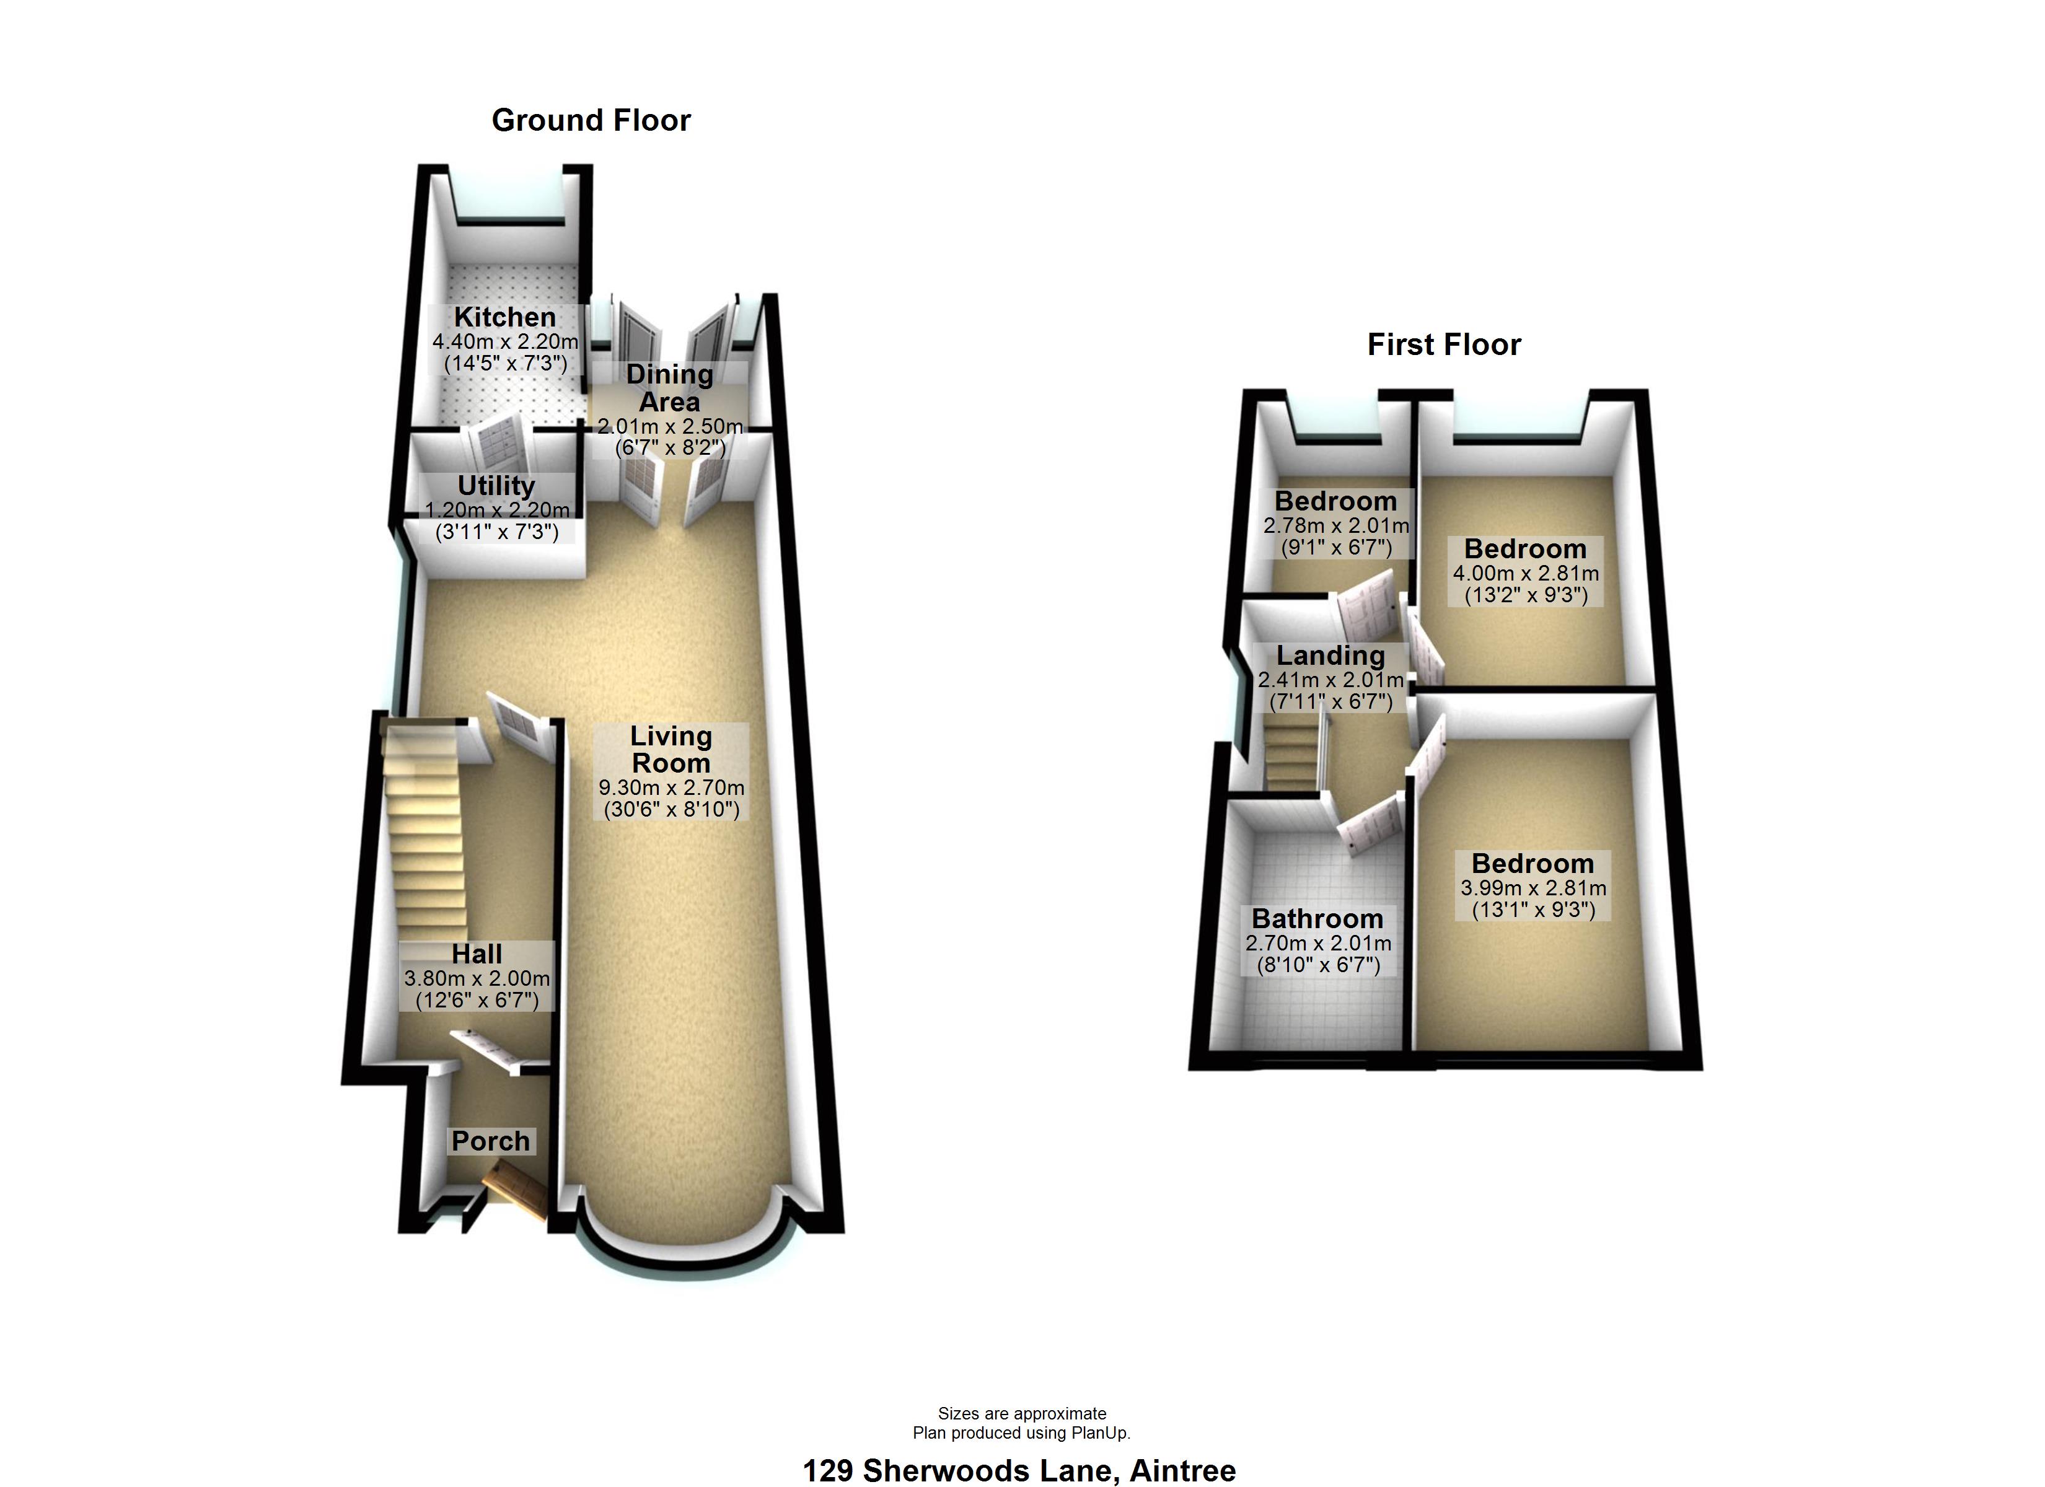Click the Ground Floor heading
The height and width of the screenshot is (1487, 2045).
click(x=591, y=120)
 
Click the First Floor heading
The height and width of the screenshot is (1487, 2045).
click(x=1443, y=344)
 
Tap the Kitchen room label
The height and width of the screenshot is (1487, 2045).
click(x=505, y=317)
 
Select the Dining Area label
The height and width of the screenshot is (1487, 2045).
click(x=669, y=388)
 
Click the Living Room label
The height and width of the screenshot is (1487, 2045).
click(x=671, y=749)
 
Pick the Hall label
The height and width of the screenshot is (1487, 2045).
click(x=477, y=954)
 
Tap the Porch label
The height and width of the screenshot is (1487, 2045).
click(x=491, y=1141)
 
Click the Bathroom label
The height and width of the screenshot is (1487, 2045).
click(x=1317, y=919)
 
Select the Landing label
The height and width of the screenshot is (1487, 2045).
click(x=1330, y=656)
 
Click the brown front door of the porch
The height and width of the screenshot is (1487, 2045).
click(x=515, y=1188)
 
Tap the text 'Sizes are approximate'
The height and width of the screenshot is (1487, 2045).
click(x=1022, y=1413)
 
